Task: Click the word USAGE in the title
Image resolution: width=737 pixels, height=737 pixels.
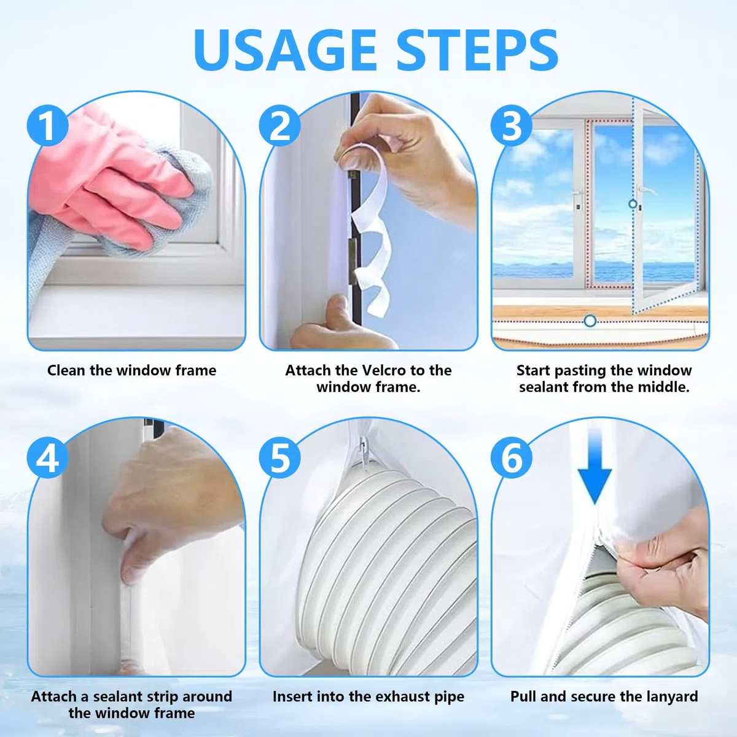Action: click(x=285, y=49)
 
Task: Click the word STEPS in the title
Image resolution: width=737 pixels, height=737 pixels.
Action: click(x=477, y=49)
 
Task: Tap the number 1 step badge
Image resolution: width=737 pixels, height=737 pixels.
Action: click(x=48, y=125)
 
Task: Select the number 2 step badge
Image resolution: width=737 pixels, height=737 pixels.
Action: click(x=280, y=125)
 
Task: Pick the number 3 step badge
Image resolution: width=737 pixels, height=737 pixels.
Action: click(x=512, y=125)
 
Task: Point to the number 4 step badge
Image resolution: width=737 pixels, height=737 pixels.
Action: click(x=48, y=458)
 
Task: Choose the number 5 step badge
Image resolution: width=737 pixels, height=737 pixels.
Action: click(x=280, y=458)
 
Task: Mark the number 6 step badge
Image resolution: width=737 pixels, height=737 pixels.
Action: click(x=512, y=458)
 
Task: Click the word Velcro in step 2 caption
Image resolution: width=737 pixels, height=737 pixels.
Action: click(x=384, y=370)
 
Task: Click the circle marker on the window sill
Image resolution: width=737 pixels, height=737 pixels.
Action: click(x=590, y=321)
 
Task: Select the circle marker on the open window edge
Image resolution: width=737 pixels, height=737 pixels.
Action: click(x=633, y=204)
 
